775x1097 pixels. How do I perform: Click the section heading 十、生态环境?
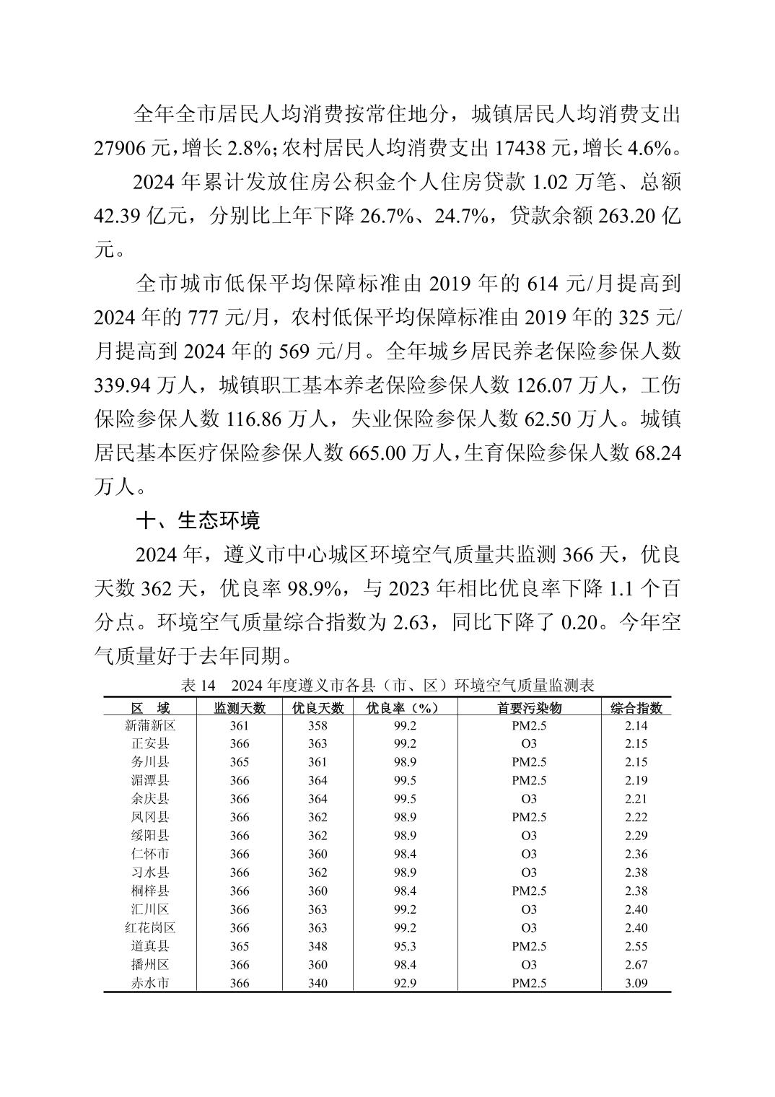(x=198, y=520)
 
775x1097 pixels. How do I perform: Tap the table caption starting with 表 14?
(x=387, y=685)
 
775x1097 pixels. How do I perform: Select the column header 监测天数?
(x=240, y=708)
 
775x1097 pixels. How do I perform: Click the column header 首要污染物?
(x=529, y=708)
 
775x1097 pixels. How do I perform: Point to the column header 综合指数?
(x=636, y=708)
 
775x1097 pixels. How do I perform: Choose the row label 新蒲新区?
(x=150, y=725)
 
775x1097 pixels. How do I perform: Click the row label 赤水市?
(x=150, y=983)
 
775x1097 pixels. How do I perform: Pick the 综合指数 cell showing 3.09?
(x=636, y=983)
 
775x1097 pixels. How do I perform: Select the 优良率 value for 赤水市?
(x=403, y=983)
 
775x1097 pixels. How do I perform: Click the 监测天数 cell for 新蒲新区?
(x=240, y=725)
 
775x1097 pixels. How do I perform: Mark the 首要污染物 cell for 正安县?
(x=529, y=743)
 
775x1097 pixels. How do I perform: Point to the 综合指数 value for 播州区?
(x=636, y=965)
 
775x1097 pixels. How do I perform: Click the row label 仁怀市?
(x=150, y=854)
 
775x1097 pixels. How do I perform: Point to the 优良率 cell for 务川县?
(x=403, y=762)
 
